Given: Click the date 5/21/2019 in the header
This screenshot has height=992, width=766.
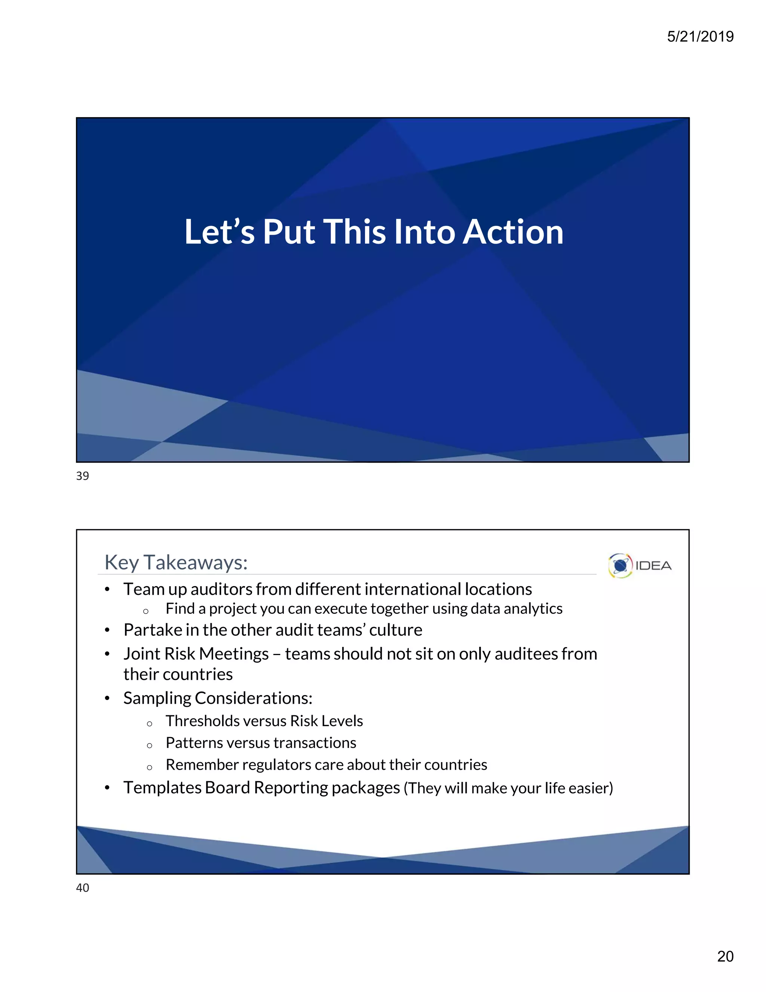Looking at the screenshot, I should [x=700, y=36].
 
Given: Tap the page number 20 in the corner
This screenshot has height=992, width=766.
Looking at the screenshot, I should [x=725, y=956].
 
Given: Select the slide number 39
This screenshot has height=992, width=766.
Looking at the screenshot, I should [x=83, y=476].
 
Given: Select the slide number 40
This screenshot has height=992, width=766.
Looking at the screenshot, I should [x=83, y=888].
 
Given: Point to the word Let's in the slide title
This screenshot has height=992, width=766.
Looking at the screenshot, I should [x=219, y=232].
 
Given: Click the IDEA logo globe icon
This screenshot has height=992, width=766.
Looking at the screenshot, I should [x=620, y=566].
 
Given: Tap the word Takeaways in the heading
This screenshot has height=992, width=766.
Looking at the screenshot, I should [x=195, y=562].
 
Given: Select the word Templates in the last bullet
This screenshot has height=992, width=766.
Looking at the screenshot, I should [x=162, y=788].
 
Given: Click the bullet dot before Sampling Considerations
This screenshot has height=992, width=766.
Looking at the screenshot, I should [x=107, y=699].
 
